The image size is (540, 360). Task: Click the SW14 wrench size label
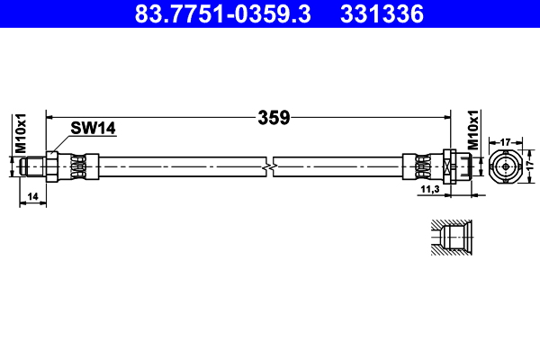click(94, 129)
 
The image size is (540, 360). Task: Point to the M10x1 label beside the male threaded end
click(21, 132)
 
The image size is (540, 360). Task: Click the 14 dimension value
click(32, 194)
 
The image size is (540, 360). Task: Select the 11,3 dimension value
click(430, 190)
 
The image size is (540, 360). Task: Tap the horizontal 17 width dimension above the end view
click(506, 141)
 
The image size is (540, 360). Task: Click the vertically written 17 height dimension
click(529, 166)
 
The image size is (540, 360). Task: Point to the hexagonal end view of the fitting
click(506, 166)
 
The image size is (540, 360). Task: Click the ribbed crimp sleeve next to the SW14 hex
click(81, 166)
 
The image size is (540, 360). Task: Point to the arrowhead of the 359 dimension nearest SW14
click(50, 117)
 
